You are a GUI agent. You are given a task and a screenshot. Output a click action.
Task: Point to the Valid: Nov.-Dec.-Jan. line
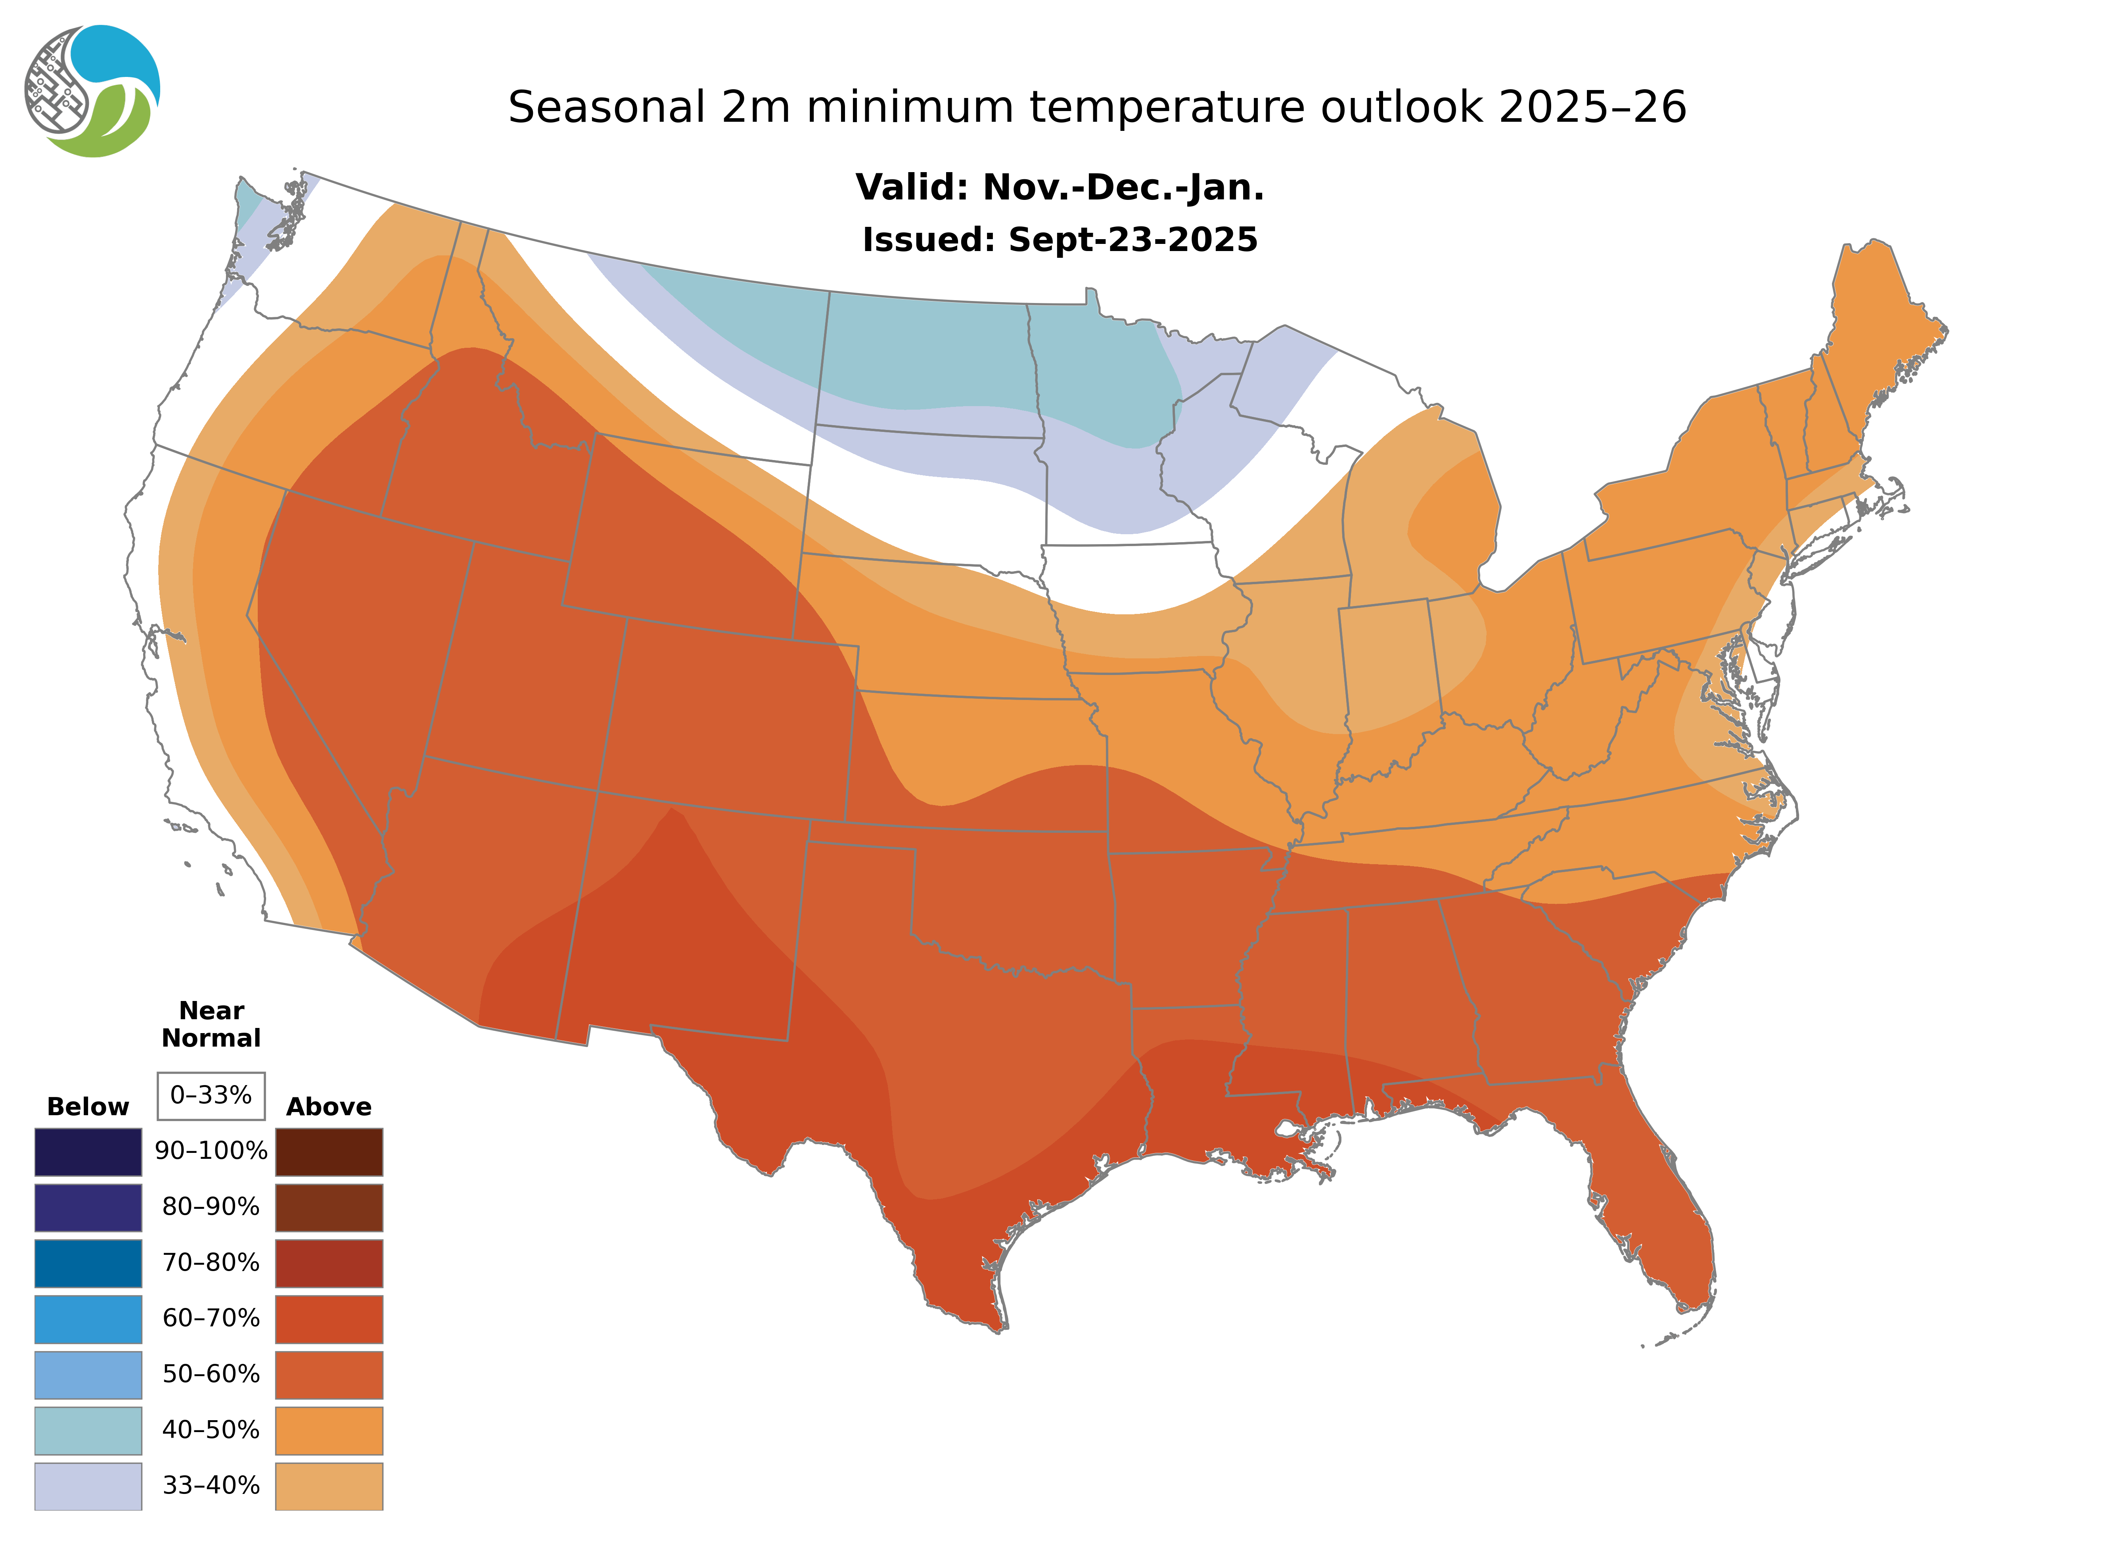pyautogui.click(x=1059, y=188)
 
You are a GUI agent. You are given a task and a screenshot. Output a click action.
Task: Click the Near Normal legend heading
pyautogui.click(x=211, y=1024)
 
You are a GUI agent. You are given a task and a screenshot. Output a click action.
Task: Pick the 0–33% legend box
pyautogui.click(x=211, y=1095)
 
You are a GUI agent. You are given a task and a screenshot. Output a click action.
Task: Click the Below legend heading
pyautogui.click(x=88, y=1106)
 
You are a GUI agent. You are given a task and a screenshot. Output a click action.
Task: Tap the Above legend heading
pyautogui.click(x=329, y=1106)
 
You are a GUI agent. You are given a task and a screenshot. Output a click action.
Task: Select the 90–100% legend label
pyautogui.click(x=211, y=1151)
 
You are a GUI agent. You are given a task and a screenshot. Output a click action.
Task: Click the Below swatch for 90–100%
pyautogui.click(x=88, y=1152)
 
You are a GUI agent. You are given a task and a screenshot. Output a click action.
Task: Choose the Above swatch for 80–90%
pyautogui.click(x=329, y=1207)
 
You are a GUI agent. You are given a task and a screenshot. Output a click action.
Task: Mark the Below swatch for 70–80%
pyautogui.click(x=88, y=1263)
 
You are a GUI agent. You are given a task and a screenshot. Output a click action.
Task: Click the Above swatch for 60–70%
pyautogui.click(x=329, y=1319)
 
